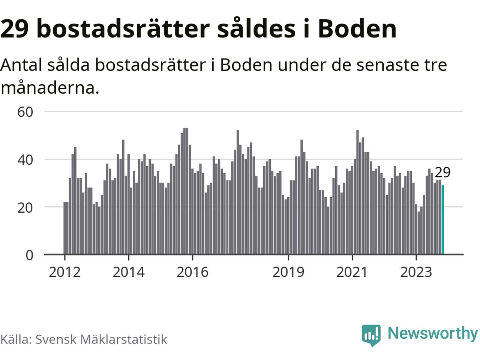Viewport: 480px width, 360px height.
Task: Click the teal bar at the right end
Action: (443, 220)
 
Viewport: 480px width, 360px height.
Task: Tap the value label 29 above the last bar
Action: (442, 172)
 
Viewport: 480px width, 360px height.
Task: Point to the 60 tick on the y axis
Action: (25, 112)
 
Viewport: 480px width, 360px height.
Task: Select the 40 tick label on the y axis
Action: (25, 160)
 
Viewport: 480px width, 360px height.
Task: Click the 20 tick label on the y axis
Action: (25, 207)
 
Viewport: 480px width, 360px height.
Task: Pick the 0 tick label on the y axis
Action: (29, 255)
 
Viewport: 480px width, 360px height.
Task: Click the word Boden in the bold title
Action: (357, 29)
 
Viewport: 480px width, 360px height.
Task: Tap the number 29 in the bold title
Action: (15, 29)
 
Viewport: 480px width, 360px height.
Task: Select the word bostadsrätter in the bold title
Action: (123, 29)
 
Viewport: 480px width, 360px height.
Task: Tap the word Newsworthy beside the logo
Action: (432, 333)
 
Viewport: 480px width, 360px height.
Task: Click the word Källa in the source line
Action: (16, 339)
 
